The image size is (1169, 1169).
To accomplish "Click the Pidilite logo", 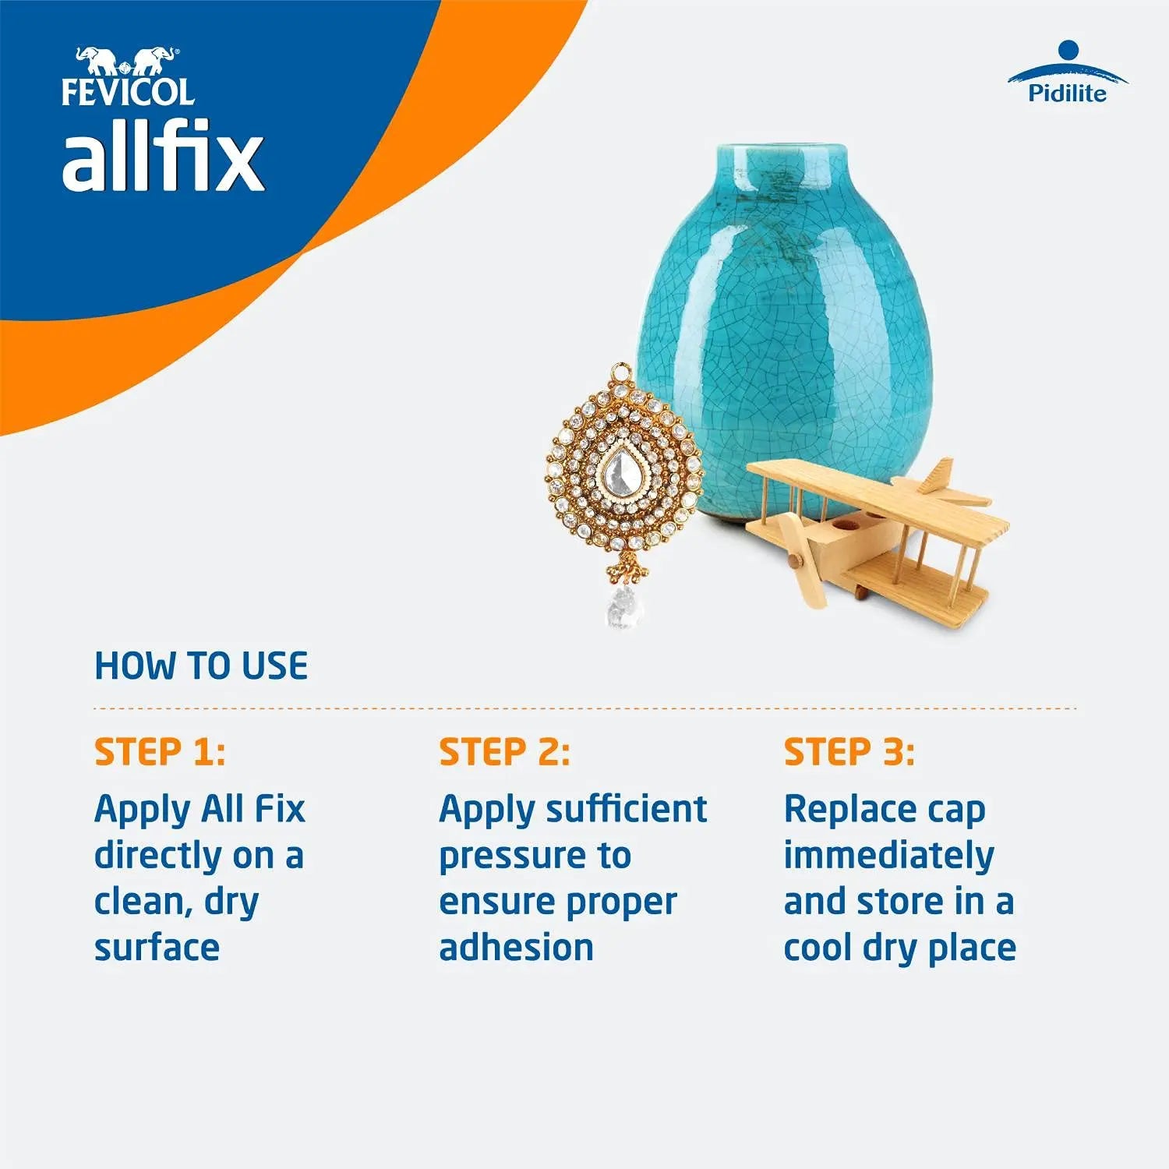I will point(1067,75).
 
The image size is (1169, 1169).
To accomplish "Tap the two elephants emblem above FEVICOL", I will point(125,61).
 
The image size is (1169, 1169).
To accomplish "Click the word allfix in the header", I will point(163,159).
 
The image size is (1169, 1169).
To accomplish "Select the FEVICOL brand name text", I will point(128,92).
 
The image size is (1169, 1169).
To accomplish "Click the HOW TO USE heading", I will point(201,666).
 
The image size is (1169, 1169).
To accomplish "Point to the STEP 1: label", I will point(160,752).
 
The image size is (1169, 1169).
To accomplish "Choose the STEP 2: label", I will point(504,752).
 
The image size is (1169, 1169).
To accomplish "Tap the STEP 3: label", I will point(849,752).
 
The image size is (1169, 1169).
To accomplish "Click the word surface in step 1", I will point(157,948).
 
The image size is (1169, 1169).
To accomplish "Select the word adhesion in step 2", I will point(516,948).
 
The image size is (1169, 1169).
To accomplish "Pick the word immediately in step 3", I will point(888,856).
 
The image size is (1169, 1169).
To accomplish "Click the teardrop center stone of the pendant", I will point(622,470).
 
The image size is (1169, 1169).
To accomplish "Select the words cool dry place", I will point(899,948).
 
